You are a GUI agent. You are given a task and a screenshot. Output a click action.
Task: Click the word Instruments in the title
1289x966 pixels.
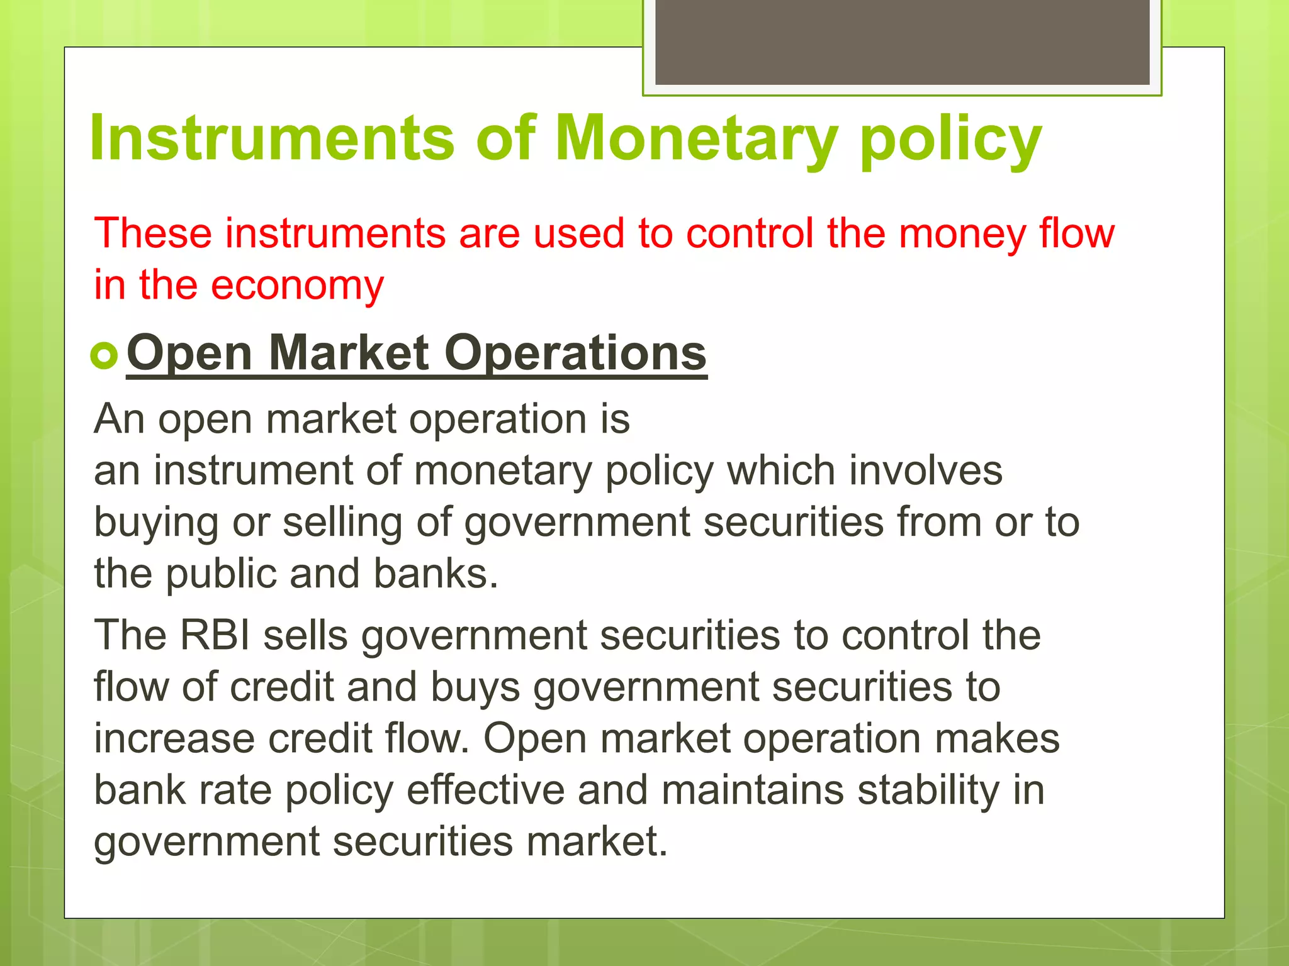tap(272, 138)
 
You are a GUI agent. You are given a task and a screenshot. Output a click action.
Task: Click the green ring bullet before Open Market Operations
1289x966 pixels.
tap(104, 355)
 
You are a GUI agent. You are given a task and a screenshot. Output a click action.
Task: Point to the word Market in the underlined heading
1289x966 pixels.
tap(349, 353)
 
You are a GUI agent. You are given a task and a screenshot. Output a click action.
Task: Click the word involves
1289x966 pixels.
tap(925, 471)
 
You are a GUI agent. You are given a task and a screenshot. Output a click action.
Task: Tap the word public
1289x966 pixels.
tap(221, 574)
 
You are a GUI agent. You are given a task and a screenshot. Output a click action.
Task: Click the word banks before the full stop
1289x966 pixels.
tap(431, 574)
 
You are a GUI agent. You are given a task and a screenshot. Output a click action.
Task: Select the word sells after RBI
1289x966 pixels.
tap(305, 635)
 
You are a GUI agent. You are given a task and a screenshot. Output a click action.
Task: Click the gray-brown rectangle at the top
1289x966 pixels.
tap(902, 42)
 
